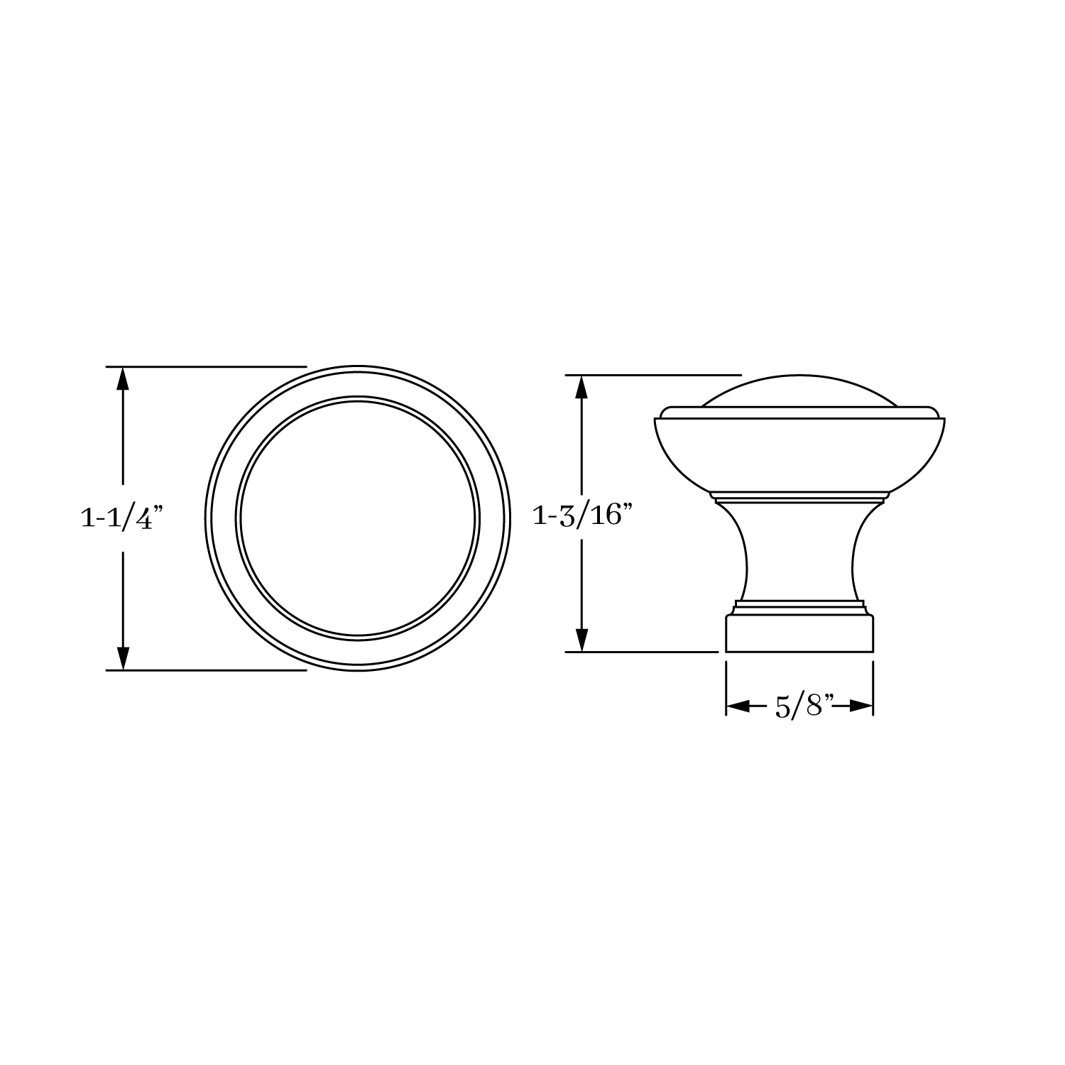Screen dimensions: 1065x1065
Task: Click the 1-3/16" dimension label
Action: tap(582, 516)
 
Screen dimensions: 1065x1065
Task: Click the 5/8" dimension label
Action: tap(799, 706)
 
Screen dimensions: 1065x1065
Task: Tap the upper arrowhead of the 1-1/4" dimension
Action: tap(123, 379)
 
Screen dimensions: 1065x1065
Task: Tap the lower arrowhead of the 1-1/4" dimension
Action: tap(123, 657)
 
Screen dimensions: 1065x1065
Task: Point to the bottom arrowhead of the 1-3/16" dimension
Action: tap(582, 639)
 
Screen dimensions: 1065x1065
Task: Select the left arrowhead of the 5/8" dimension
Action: tap(738, 706)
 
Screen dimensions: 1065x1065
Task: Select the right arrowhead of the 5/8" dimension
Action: tap(860, 706)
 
